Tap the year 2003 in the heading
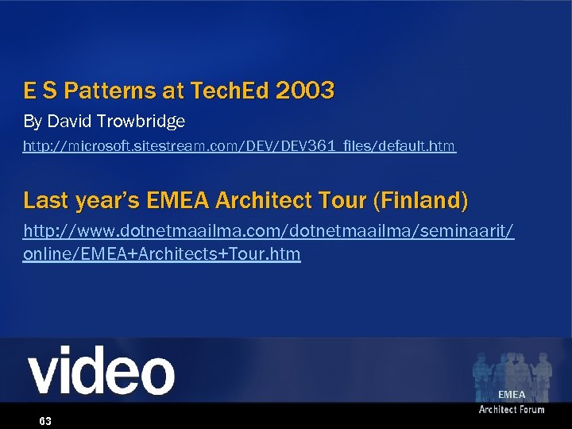(305, 91)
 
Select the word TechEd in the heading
(230, 91)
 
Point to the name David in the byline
(70, 122)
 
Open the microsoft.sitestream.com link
(239, 146)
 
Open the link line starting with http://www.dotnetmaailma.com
(269, 231)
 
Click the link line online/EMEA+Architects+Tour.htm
(162, 254)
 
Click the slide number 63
(45, 421)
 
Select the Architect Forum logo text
(511, 409)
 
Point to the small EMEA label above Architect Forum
(512, 395)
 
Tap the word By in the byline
(33, 122)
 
